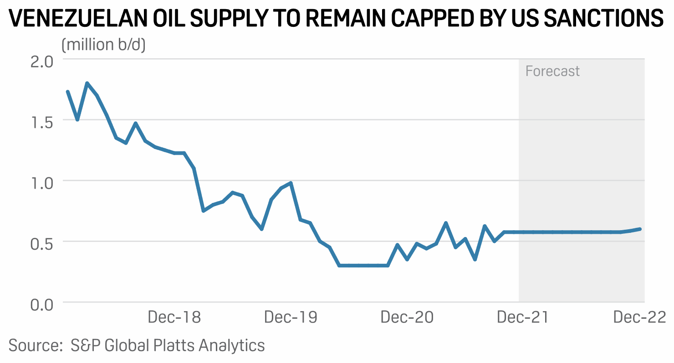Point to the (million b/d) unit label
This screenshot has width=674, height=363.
[x=103, y=45]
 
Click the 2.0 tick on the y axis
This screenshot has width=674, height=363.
[x=42, y=60]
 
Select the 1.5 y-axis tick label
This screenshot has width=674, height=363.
[x=42, y=121]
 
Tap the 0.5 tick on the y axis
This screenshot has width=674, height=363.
[x=42, y=242]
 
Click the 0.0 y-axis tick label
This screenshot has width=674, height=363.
[x=42, y=303]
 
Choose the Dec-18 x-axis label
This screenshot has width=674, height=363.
[x=174, y=317]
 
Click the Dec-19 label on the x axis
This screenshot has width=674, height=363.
[x=291, y=317]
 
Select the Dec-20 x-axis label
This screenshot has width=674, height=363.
[x=407, y=317]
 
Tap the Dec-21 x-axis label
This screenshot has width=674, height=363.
[x=523, y=317]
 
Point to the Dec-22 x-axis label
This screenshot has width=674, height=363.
[x=639, y=317]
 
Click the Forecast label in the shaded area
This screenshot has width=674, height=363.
[x=552, y=71]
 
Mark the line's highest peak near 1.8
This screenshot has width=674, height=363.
[x=87, y=83]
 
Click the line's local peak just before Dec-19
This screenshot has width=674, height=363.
[x=291, y=183]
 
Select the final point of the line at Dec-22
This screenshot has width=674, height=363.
[x=640, y=229]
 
